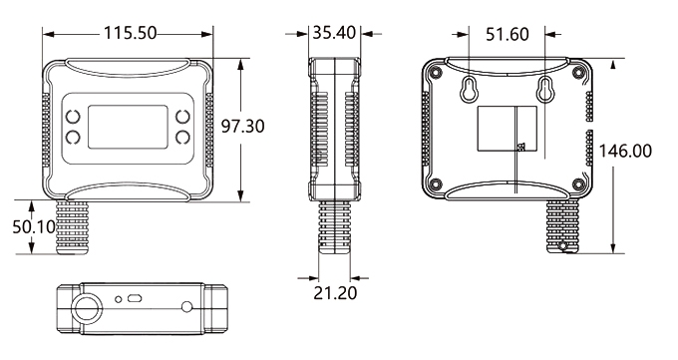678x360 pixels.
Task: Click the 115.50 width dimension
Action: pos(130,33)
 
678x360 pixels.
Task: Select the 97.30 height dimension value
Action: pos(245,128)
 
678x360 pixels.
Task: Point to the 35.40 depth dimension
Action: pos(334,33)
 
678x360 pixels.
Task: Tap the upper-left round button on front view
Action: pos(74,117)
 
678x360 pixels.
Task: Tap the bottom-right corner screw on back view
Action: pos(578,183)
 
